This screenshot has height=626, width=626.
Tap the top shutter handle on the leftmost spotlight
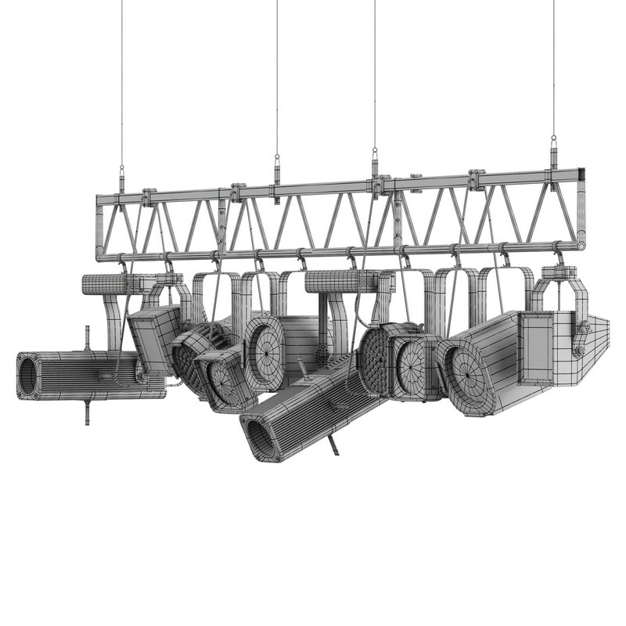pos(87,339)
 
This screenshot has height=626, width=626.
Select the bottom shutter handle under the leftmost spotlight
pos(87,411)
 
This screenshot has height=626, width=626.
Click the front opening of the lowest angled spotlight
pos(259,438)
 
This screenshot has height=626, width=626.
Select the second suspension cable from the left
pos(276,78)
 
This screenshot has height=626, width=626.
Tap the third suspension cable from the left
pos(374,78)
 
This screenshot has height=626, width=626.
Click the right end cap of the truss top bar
pos(582,176)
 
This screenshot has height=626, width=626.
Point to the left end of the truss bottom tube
pos(100,255)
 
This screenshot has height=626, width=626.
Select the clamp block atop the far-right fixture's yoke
pos(559,273)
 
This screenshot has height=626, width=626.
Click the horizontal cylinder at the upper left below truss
pos(106,283)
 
